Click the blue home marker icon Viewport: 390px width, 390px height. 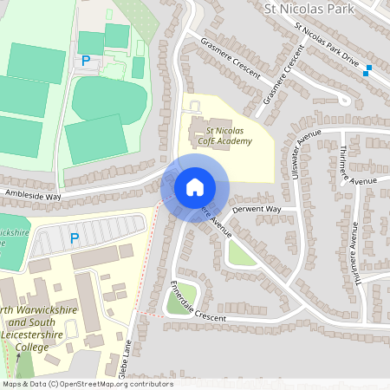coord(195,186)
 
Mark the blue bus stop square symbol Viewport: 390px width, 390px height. coord(368,70)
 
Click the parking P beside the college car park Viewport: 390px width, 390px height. coord(74,237)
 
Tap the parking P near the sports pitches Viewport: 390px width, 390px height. coord(86,61)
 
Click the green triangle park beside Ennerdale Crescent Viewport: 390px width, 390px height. coord(179,301)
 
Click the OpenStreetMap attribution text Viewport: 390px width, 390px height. coord(87,384)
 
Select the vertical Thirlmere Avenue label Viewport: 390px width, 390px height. coord(354,247)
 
